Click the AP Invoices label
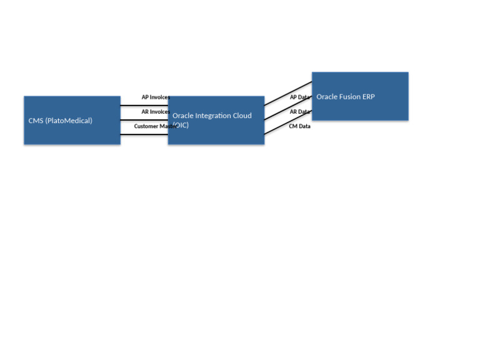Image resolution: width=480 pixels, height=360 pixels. [x=155, y=97]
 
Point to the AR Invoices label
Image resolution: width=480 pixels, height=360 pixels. [x=155, y=112]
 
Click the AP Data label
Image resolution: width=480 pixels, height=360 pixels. [x=299, y=97]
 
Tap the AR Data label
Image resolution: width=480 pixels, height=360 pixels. [x=299, y=112]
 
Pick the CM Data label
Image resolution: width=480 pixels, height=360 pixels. [x=299, y=126]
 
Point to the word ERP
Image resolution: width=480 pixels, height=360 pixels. [x=369, y=97]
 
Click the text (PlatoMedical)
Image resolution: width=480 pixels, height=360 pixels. [x=69, y=121]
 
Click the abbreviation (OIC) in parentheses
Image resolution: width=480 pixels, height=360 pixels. [x=181, y=125]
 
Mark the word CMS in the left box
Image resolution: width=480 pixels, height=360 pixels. [x=36, y=121]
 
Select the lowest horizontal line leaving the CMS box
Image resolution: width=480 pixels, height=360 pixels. [x=144, y=134]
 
